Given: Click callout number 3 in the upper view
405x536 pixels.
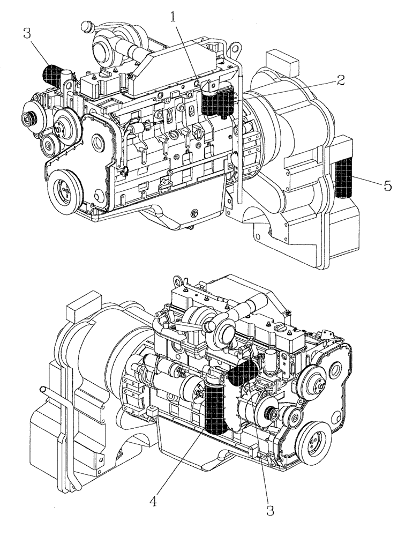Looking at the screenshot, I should (x=26, y=34).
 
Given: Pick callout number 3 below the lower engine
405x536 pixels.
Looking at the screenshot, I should (x=271, y=510).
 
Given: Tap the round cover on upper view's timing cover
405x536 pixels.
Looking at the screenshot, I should (x=97, y=142).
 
